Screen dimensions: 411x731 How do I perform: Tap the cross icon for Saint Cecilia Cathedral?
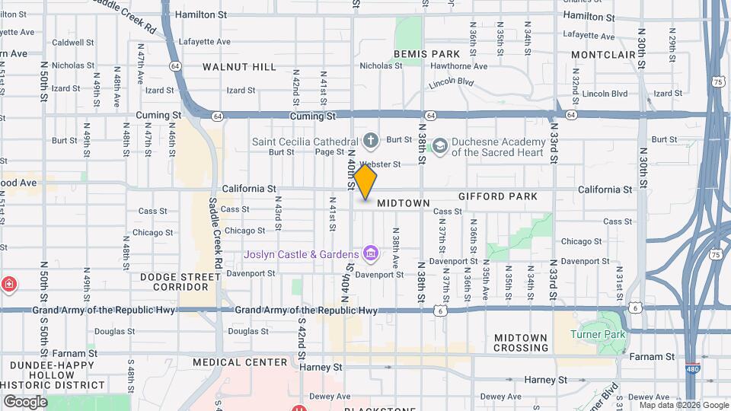(x=371, y=140)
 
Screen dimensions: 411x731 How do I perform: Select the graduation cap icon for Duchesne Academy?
(x=439, y=145)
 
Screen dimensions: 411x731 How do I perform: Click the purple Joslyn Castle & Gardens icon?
(x=371, y=253)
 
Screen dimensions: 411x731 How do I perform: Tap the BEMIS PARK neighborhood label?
(x=427, y=54)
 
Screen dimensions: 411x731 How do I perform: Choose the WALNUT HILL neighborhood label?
(x=239, y=67)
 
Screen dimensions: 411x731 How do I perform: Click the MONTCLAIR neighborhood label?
(x=603, y=55)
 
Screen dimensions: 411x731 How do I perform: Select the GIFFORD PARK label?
(x=498, y=196)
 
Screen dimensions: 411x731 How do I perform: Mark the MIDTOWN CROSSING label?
(x=521, y=342)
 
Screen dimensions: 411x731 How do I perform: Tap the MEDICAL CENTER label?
(x=240, y=362)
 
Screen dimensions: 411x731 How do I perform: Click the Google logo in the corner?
(x=25, y=401)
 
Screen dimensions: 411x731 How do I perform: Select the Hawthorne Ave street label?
(x=459, y=66)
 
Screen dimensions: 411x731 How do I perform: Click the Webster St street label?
(x=380, y=164)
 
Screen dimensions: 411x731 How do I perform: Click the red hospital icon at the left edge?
(x=8, y=285)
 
